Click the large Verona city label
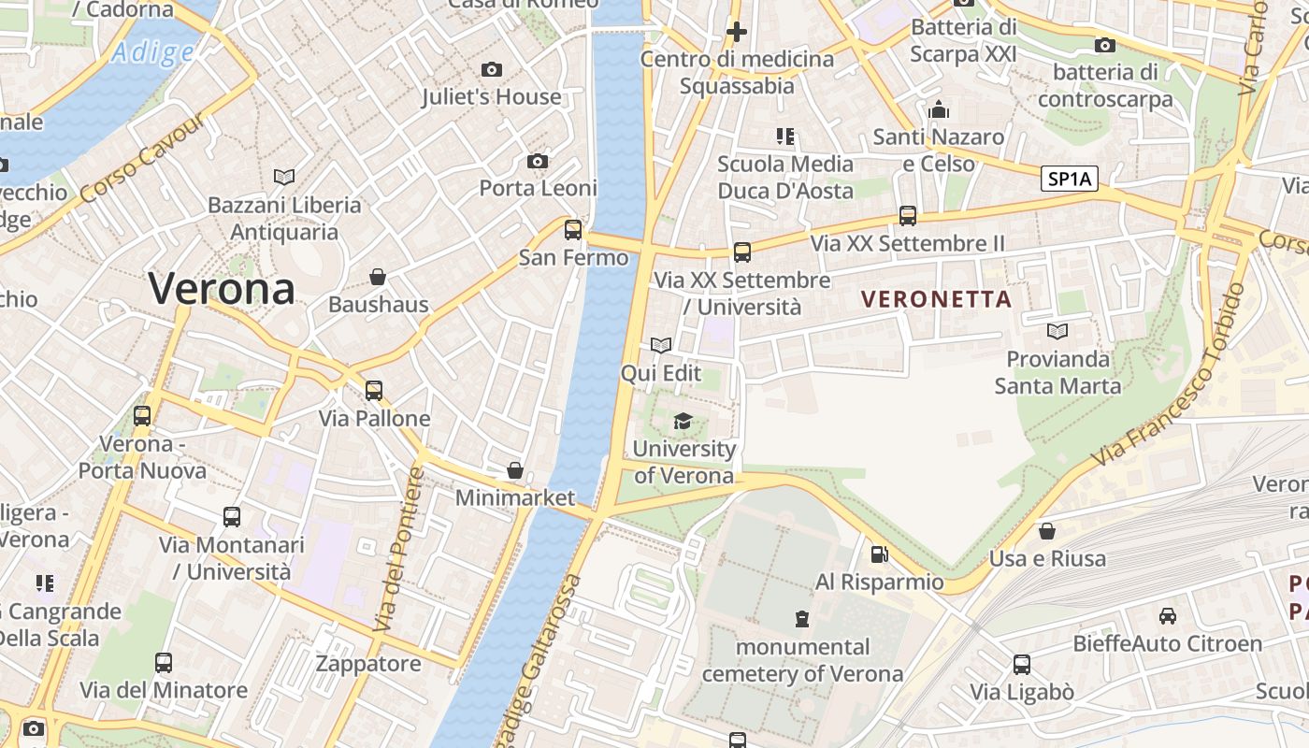(x=222, y=289)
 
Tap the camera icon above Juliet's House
(x=491, y=70)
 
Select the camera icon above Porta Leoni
(x=538, y=162)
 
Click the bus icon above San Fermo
(x=573, y=230)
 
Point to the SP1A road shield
(x=1070, y=179)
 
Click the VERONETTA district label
(x=936, y=299)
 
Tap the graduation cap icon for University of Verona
(x=683, y=422)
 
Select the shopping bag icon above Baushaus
(x=378, y=277)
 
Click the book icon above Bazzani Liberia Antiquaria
(x=284, y=177)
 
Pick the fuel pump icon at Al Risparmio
(x=879, y=554)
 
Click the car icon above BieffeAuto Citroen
(x=1167, y=616)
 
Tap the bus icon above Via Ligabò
(x=1022, y=665)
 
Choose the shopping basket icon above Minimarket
(x=515, y=470)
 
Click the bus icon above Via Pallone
(x=374, y=391)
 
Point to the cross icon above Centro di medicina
(x=737, y=32)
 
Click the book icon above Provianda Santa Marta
(x=1057, y=332)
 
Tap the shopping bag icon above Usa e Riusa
(x=1047, y=531)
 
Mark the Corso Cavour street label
(x=141, y=160)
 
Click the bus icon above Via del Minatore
(x=164, y=663)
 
